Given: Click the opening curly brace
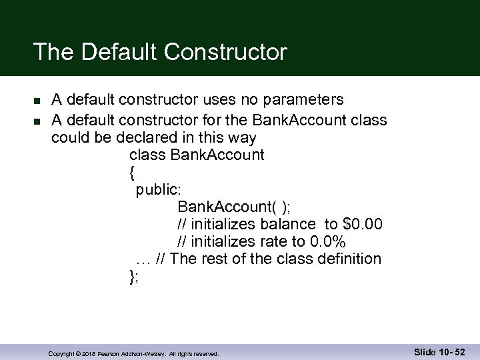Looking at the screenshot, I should (x=132, y=173).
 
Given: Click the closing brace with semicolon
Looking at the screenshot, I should (x=133, y=276).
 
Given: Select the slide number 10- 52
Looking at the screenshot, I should (x=451, y=351).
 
